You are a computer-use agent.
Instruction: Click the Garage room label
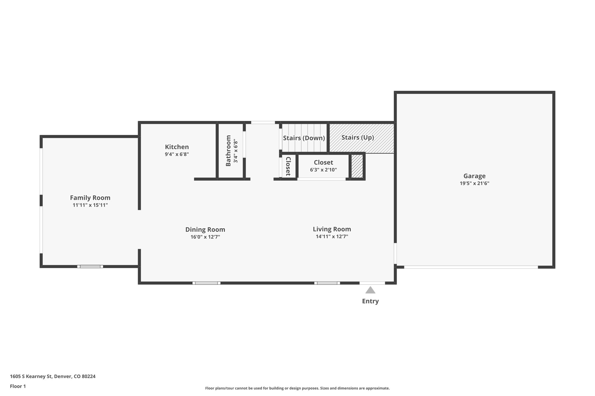click(474, 176)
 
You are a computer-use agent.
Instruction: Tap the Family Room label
click(90, 198)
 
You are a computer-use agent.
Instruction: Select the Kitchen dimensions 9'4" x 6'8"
click(177, 154)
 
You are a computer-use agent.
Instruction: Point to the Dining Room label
click(205, 229)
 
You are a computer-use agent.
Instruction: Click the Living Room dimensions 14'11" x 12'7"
click(332, 236)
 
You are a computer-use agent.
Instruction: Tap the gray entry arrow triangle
click(370, 290)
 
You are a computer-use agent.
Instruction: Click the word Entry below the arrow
click(370, 301)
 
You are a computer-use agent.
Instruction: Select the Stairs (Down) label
click(304, 138)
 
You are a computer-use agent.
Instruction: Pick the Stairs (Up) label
click(358, 138)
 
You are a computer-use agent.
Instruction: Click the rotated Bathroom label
click(228, 151)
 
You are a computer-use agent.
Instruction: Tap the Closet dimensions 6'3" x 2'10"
click(323, 170)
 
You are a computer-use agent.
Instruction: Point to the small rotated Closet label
click(288, 166)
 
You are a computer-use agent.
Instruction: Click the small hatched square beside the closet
click(357, 166)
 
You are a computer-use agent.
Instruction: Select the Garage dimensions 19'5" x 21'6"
click(474, 183)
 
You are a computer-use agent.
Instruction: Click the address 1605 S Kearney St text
click(31, 376)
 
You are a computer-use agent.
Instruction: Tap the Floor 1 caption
click(18, 386)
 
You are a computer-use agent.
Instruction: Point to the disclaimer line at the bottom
click(297, 388)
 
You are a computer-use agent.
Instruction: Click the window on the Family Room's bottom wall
click(90, 266)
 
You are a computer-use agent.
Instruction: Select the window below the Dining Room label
click(206, 283)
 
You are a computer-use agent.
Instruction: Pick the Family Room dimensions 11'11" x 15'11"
click(90, 205)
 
